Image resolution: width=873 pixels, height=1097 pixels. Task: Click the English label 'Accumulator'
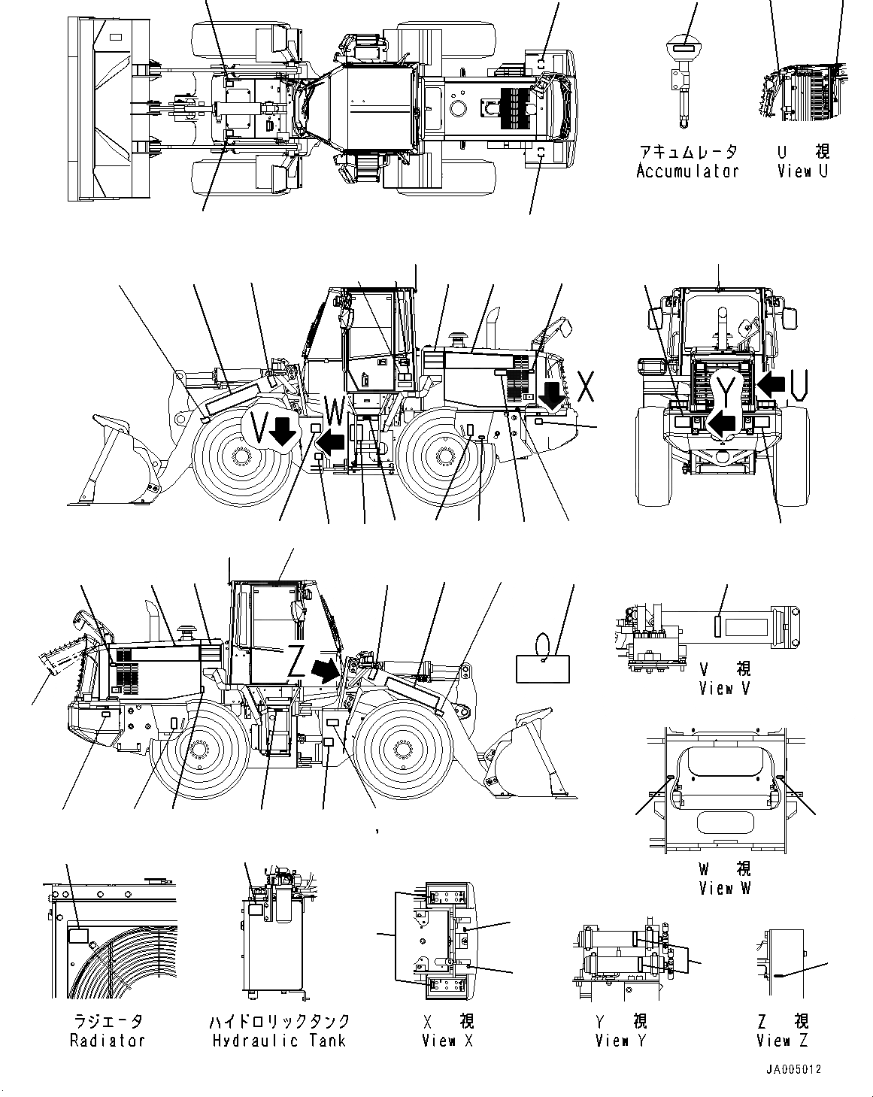click(x=687, y=171)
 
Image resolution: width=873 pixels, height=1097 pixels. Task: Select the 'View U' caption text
click(x=803, y=171)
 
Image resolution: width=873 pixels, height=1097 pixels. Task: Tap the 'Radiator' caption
click(x=107, y=1041)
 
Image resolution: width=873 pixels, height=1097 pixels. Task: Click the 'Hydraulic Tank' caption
click(x=280, y=1041)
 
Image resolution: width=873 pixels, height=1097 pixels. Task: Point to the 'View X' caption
click(x=448, y=1041)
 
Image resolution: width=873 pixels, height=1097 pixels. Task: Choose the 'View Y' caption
click(x=621, y=1041)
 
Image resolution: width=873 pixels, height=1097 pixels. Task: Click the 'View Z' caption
click(x=784, y=1041)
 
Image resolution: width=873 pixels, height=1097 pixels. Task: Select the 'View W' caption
click(x=725, y=888)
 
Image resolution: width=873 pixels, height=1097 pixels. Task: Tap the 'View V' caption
click(x=725, y=687)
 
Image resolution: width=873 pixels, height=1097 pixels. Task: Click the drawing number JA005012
click(x=794, y=1069)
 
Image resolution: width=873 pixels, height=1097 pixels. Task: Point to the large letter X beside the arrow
click(x=587, y=386)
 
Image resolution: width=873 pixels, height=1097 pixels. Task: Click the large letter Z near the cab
click(x=298, y=662)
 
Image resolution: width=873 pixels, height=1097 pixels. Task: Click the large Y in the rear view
click(x=725, y=389)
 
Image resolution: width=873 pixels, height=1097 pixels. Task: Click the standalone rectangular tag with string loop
click(x=543, y=668)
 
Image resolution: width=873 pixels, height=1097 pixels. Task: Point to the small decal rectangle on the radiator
click(x=78, y=936)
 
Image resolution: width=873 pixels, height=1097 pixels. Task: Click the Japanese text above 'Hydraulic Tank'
click(x=280, y=1021)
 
